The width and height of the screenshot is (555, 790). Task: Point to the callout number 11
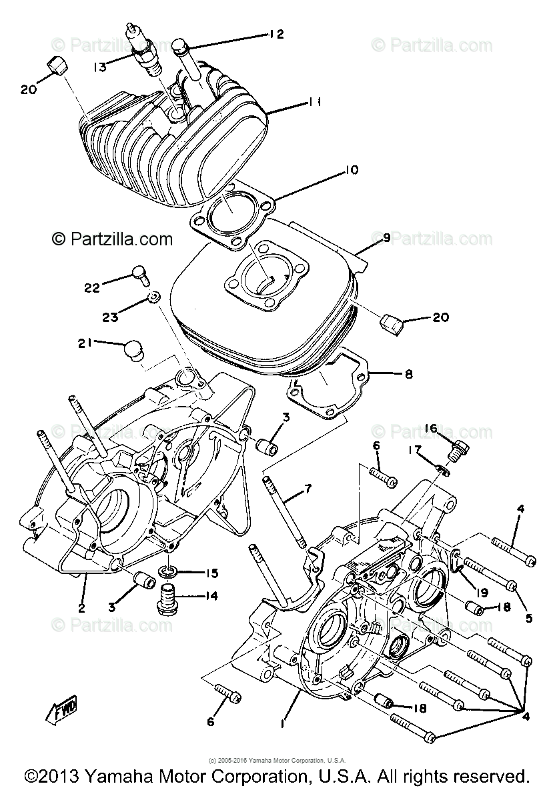314,102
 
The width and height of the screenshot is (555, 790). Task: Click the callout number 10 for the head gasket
350,171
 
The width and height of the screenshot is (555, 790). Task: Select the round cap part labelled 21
135,350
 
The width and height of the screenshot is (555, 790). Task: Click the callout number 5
528,618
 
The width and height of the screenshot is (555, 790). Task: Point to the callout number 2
81,607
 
